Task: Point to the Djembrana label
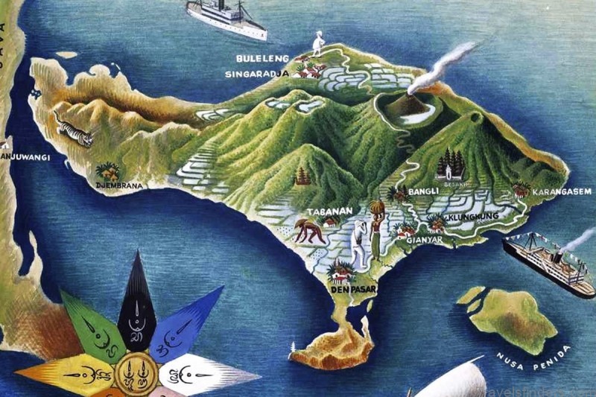pos(118,185)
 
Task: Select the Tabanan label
pos(331,211)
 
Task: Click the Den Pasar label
pos(352,288)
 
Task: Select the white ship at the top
pos(226,18)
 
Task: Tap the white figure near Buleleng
pos(319,42)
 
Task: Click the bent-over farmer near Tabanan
pos(308,231)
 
